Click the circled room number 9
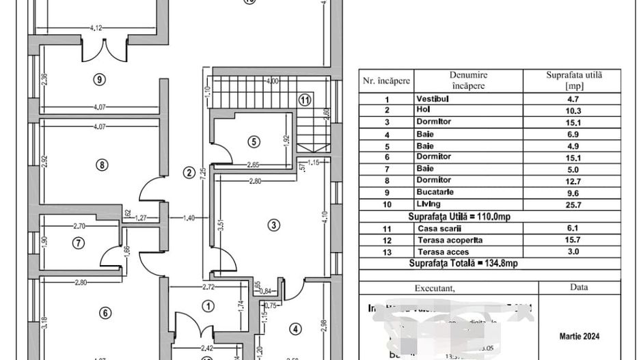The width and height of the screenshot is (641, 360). (x=100, y=79)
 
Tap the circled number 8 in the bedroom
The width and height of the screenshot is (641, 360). (x=101, y=165)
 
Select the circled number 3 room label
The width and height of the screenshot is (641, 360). (x=273, y=225)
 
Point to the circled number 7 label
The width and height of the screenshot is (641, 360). (x=79, y=242)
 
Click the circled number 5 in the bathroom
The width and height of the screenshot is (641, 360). (x=254, y=142)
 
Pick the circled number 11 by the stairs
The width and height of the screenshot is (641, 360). (x=305, y=99)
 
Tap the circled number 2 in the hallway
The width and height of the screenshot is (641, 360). (x=189, y=172)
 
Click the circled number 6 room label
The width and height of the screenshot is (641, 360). (x=105, y=313)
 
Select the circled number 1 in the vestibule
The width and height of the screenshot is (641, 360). (x=208, y=307)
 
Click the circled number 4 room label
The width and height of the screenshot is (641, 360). (x=295, y=329)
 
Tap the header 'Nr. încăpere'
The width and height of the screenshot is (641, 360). (x=386, y=81)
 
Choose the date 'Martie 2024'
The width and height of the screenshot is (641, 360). (x=579, y=337)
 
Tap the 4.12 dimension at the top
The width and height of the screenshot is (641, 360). (x=96, y=28)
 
